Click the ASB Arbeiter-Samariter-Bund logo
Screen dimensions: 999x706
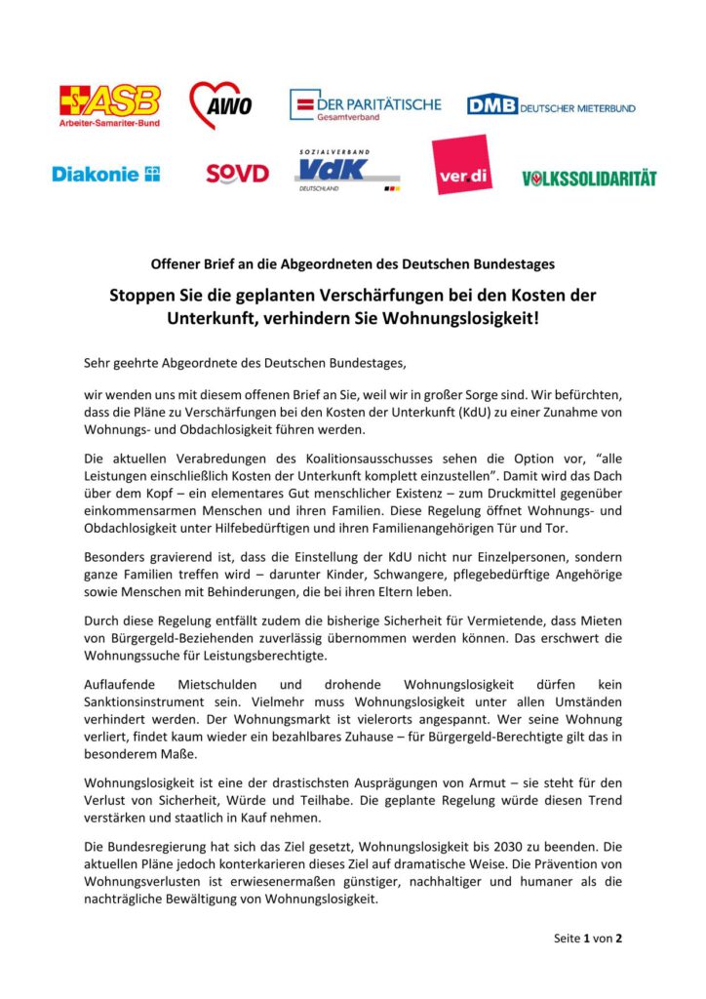point(110,105)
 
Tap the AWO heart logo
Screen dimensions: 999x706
point(219,105)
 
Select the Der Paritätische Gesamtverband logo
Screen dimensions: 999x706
point(365,105)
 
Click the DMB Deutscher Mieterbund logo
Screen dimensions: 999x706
point(550,105)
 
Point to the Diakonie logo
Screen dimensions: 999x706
point(105,175)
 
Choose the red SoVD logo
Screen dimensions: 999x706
point(237,175)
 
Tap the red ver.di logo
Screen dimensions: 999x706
point(462,165)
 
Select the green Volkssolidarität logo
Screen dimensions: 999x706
point(589,179)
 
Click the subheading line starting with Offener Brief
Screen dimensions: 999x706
point(353,263)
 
